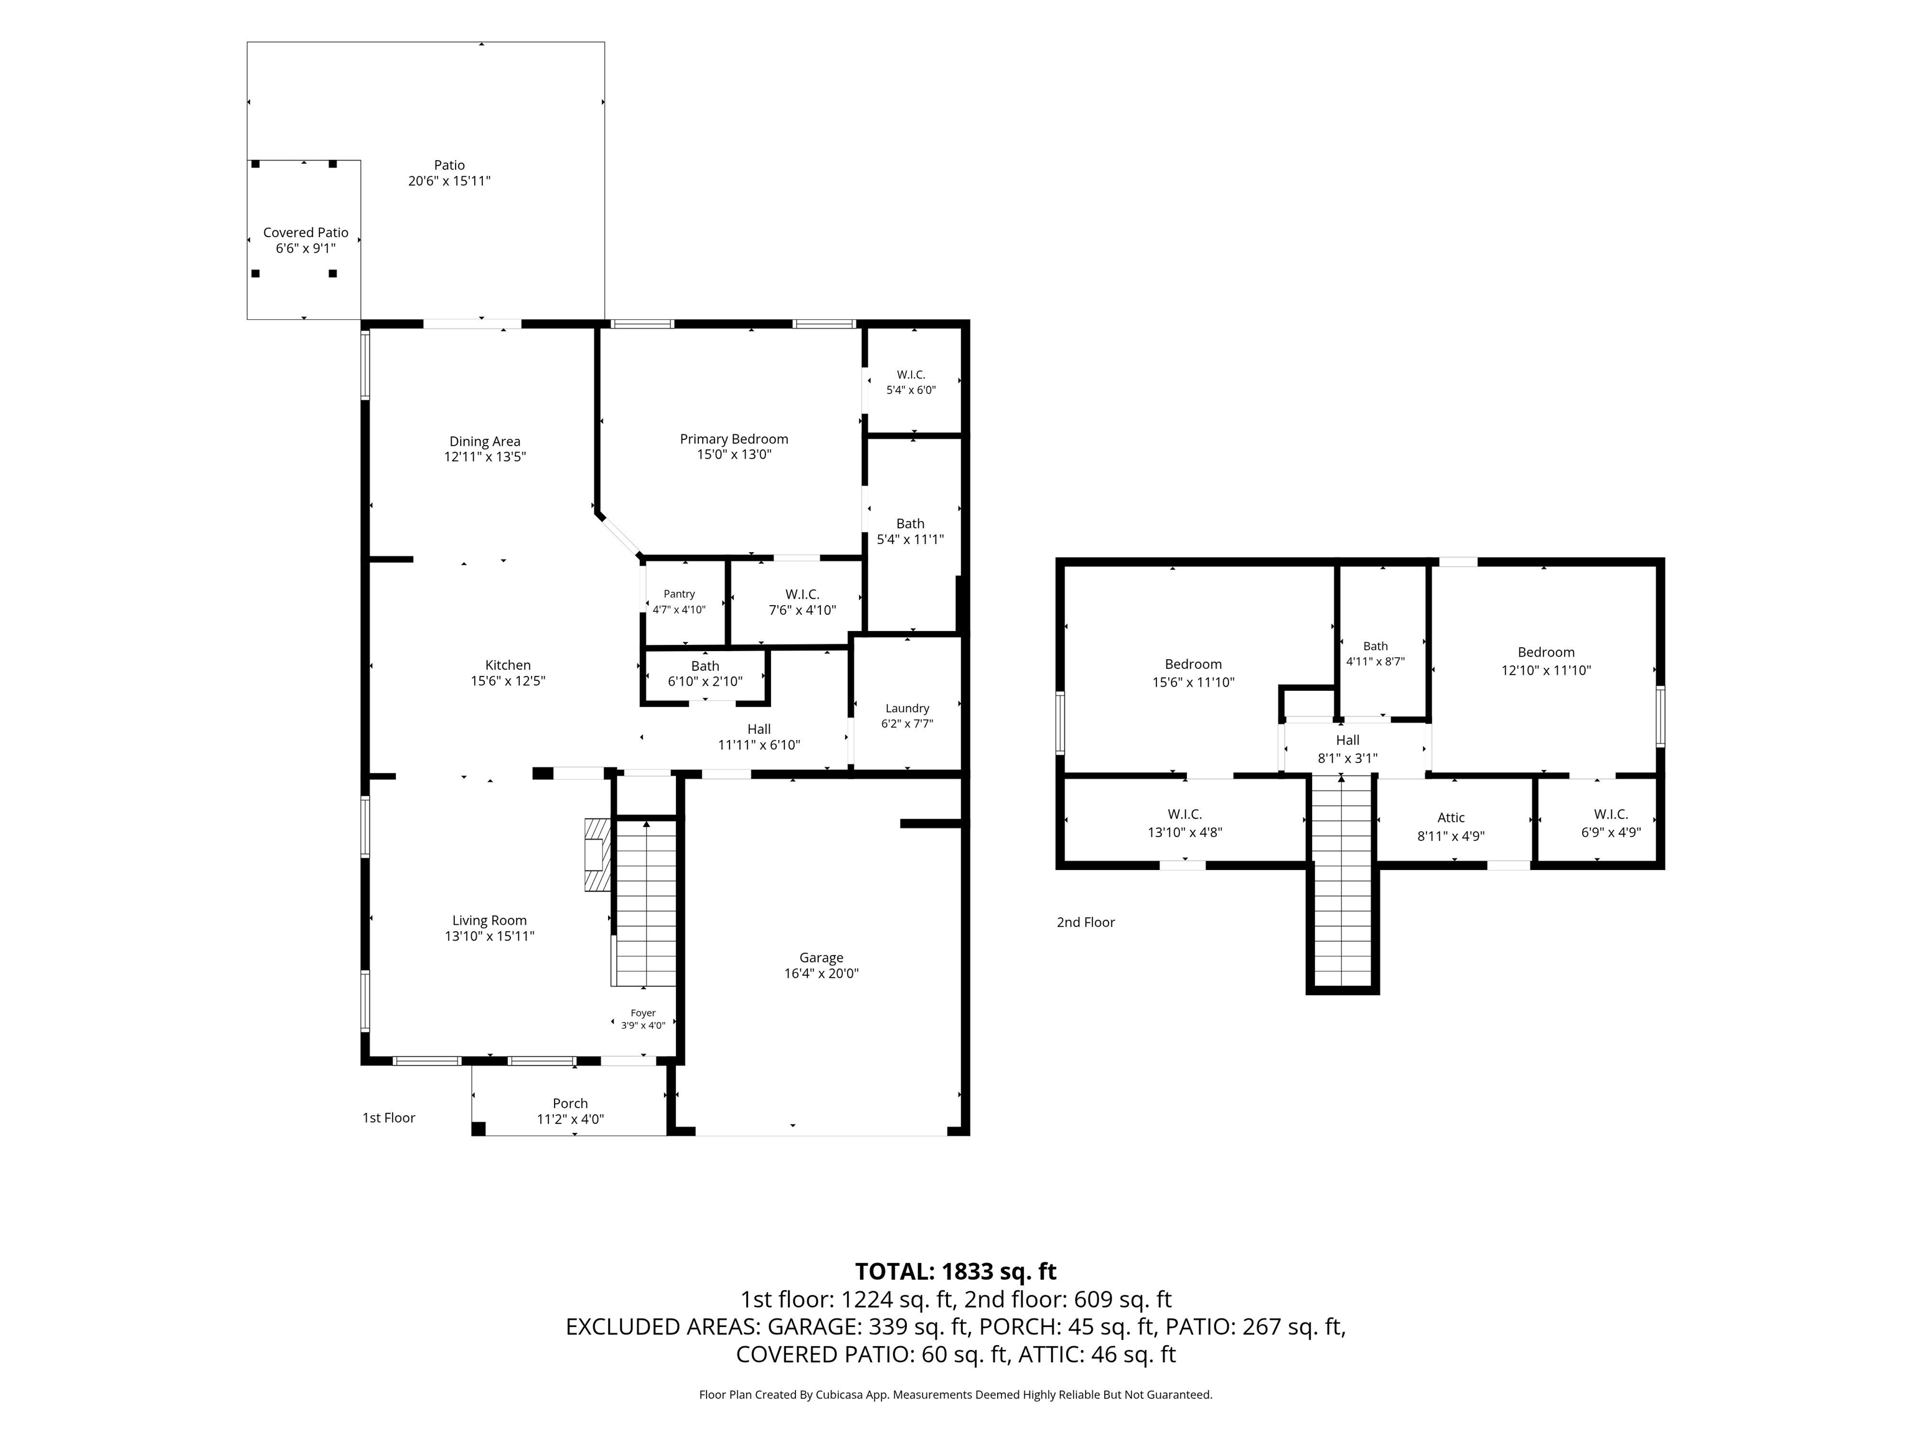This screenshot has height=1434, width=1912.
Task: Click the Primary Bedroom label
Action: [734, 439]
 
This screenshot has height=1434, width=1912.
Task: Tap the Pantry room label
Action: [680, 594]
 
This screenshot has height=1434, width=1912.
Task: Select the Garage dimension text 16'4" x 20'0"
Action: [821, 973]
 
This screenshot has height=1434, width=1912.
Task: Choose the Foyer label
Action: [643, 1013]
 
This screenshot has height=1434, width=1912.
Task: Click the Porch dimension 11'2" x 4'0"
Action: [571, 1119]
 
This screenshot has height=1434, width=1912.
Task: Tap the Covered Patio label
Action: [306, 233]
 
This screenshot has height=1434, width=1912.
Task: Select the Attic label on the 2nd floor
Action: [1451, 818]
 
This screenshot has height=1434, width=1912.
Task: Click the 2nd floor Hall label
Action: [1347, 740]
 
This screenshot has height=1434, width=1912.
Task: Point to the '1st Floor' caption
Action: [389, 1118]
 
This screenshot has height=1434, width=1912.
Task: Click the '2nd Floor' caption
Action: [1085, 922]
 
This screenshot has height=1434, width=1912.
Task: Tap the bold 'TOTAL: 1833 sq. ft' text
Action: [956, 1272]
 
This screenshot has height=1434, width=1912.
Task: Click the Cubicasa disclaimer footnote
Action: [956, 1394]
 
